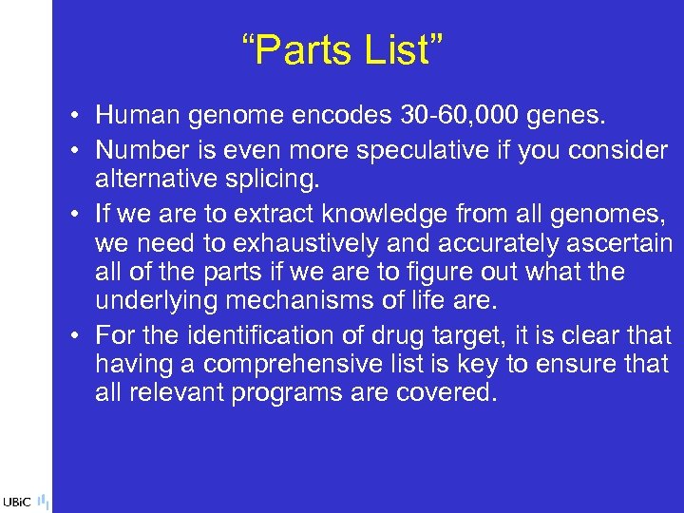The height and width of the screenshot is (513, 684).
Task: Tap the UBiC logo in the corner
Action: point(19,501)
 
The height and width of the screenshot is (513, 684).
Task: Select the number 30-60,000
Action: point(449,116)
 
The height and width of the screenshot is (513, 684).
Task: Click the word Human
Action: point(138,116)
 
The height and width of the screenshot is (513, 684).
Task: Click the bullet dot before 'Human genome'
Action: point(73,117)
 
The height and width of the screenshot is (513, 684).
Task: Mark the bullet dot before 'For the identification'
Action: point(73,336)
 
